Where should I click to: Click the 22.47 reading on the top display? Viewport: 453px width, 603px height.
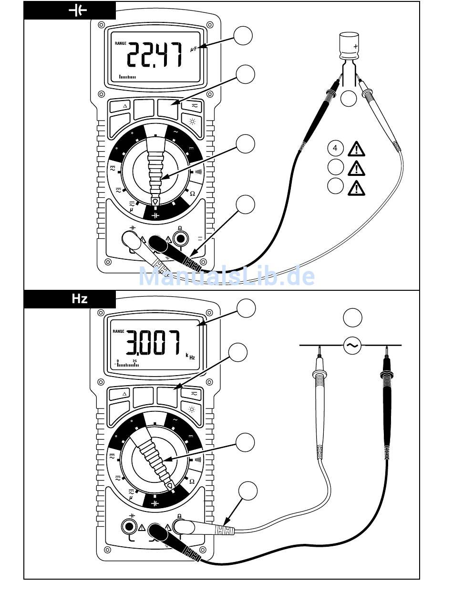coord(154,55)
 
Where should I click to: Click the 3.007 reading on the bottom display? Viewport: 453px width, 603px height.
coord(153,343)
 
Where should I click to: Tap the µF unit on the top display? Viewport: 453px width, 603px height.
coord(194,49)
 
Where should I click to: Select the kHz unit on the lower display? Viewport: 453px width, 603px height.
coord(190,356)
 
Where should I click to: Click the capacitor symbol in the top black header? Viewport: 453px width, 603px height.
coord(78,10)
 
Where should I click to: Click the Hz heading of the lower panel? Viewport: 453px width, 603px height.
coord(79,298)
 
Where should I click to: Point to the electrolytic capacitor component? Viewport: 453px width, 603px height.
coord(349,46)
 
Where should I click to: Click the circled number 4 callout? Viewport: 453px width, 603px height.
coord(335,148)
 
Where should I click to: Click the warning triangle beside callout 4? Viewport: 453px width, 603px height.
coord(356,149)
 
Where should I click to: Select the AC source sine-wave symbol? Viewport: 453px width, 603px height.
coord(352,345)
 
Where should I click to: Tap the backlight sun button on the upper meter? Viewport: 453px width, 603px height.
coord(192,122)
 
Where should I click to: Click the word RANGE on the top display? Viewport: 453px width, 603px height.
coord(121,43)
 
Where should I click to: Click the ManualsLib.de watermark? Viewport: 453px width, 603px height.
coord(226,276)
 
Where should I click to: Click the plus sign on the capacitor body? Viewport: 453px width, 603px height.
coord(355,46)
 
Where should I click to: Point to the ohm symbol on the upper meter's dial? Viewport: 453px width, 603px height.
coord(193,194)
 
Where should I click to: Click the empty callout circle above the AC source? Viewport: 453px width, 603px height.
coord(353,317)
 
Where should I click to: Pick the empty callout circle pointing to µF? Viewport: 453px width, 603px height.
coord(243,36)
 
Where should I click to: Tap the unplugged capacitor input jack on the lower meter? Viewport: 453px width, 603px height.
coord(129,527)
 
